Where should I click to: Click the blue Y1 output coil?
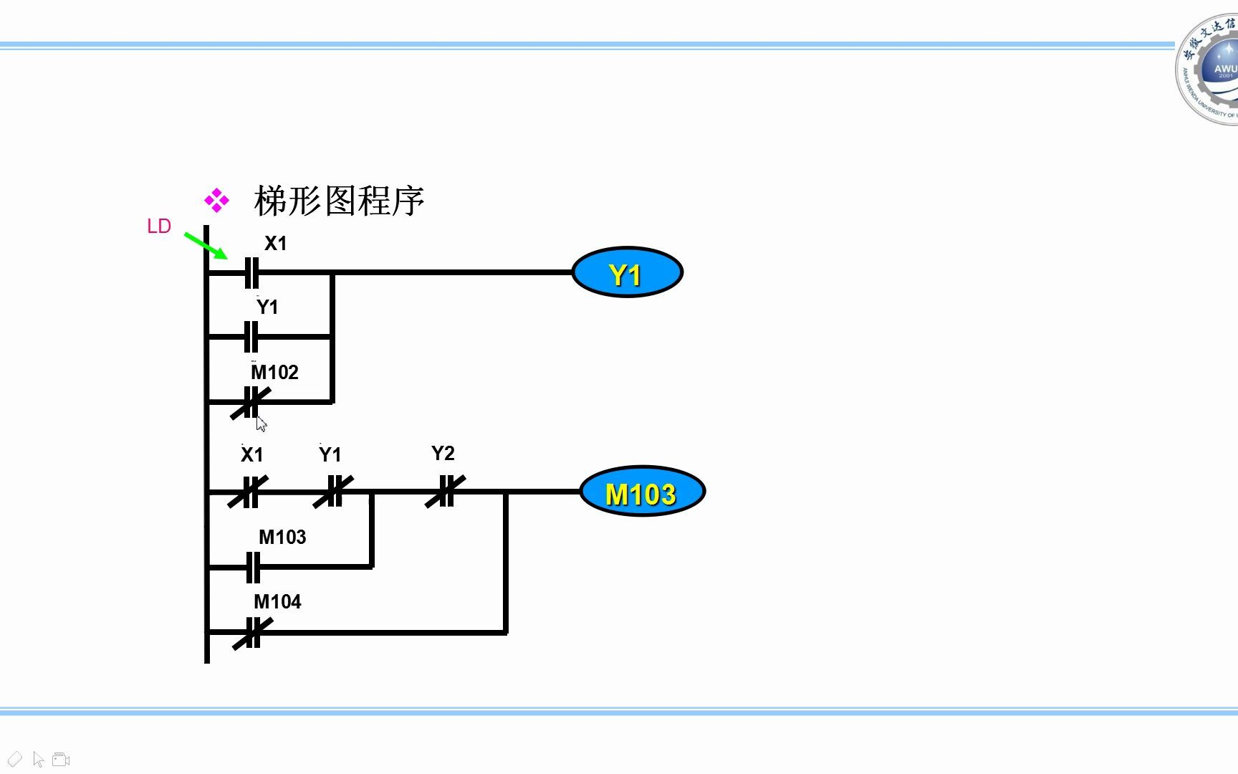click(627, 272)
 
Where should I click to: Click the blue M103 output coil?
click(642, 492)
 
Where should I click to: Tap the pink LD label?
click(158, 226)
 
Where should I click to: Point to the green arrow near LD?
click(206, 245)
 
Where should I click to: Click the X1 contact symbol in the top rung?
click(251, 272)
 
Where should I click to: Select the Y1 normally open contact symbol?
click(251, 336)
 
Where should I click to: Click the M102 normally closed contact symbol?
click(251, 403)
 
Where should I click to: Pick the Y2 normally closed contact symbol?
click(445, 492)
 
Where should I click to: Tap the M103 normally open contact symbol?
click(252, 567)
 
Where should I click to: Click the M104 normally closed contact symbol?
click(252, 633)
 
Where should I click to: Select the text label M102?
click(274, 373)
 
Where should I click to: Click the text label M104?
click(277, 602)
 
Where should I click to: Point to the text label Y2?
click(443, 454)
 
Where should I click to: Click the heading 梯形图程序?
click(339, 201)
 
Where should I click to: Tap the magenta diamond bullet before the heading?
click(216, 201)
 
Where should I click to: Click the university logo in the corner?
click(1209, 70)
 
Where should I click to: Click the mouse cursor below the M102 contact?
click(261, 424)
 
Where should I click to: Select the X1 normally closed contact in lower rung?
click(249, 492)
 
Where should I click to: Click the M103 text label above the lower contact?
click(282, 537)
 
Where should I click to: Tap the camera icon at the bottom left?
click(61, 760)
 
